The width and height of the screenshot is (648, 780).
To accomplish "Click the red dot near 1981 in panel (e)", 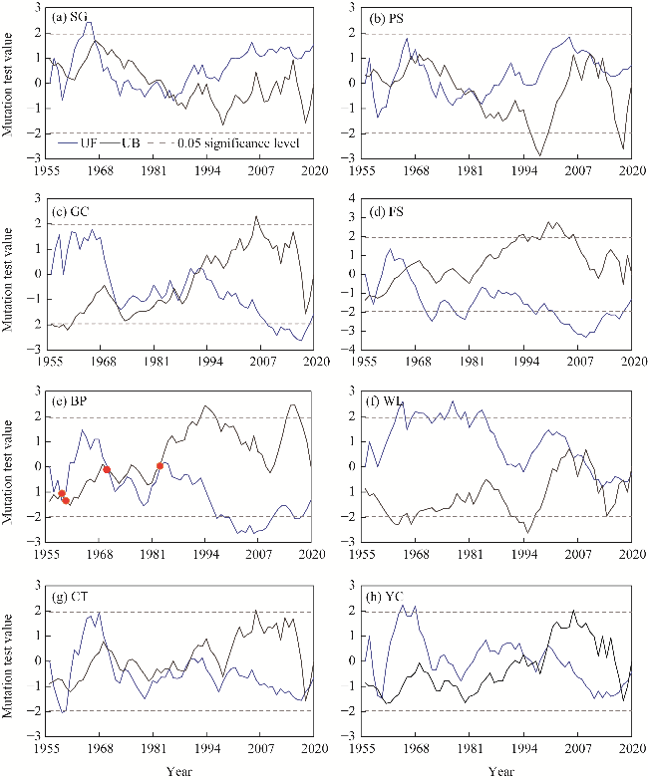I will tap(161, 466).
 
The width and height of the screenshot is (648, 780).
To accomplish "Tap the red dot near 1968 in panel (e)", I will tap(107, 469).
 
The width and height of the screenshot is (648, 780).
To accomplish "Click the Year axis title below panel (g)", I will tap(179, 769).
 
